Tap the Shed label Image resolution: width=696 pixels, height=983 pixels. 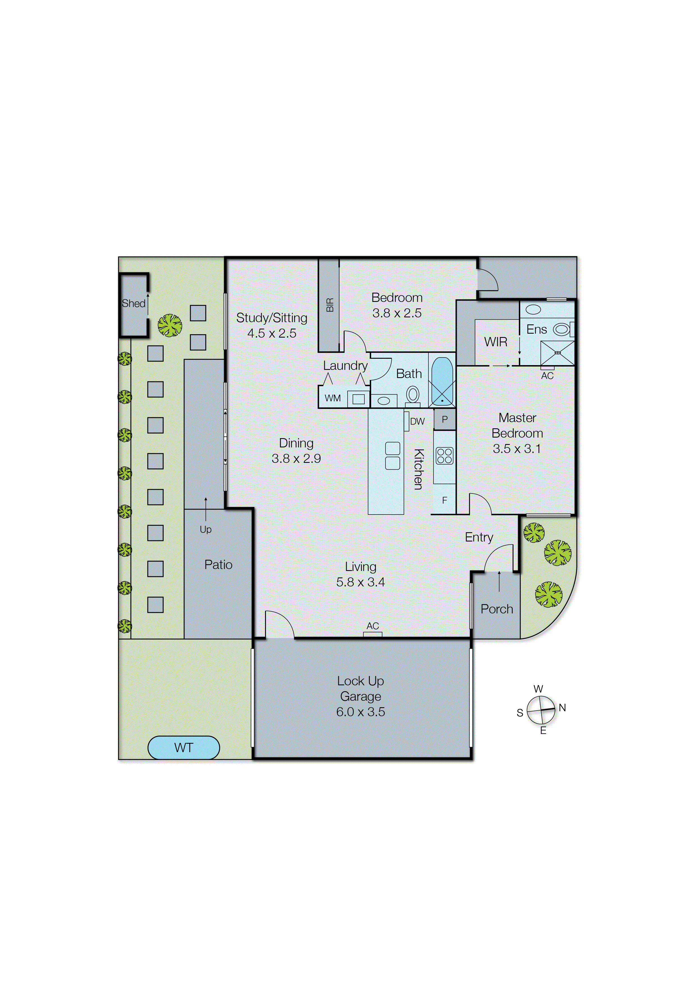pos(133,304)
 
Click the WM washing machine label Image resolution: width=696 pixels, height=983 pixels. pos(333,398)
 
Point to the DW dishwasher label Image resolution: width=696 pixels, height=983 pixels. pos(417,421)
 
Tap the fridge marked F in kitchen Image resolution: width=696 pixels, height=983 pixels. pos(444,500)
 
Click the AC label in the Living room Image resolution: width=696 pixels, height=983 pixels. pos(373,626)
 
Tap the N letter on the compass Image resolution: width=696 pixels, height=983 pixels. pos(562,708)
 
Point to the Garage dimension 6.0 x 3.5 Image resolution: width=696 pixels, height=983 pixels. pos(360,712)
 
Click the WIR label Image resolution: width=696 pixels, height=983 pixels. pos(496,342)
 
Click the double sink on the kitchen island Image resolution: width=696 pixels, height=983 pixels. pos(393,456)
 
